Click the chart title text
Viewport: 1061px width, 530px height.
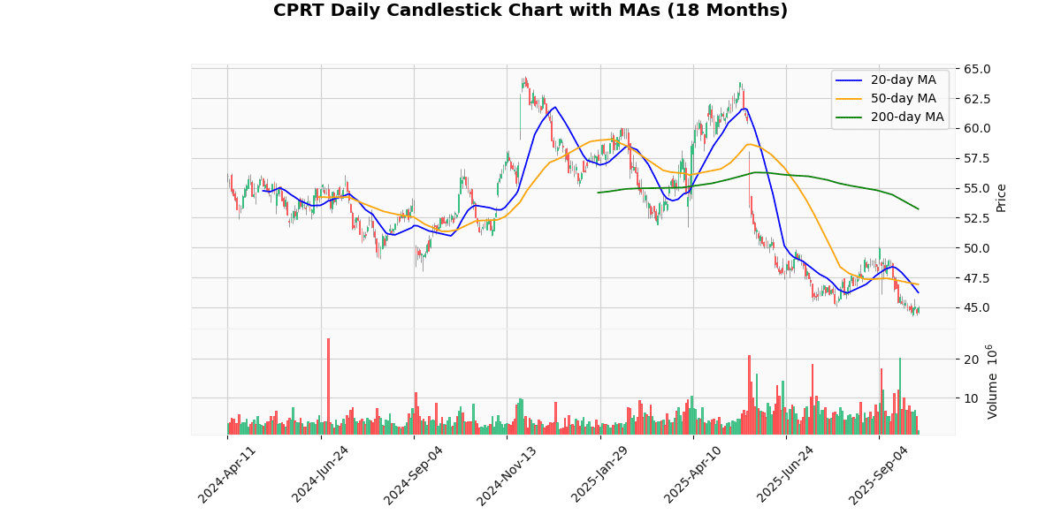[530, 11]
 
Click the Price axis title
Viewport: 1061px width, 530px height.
[1002, 197]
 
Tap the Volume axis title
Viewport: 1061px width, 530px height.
[993, 382]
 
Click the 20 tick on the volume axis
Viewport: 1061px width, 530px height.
[970, 359]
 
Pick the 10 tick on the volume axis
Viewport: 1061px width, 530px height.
[970, 397]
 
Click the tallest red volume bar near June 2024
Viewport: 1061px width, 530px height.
[328, 386]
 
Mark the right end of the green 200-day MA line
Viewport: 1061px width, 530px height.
[918, 208]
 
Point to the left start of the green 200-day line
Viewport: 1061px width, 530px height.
[599, 193]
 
